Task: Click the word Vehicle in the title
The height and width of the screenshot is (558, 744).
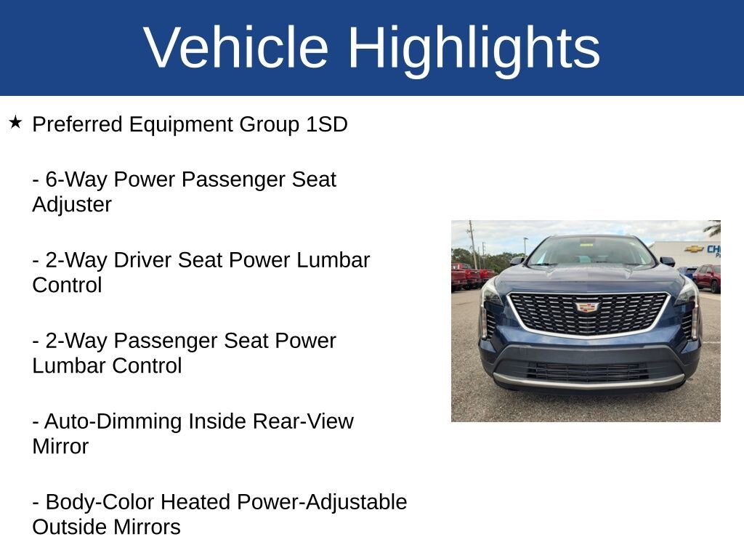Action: click(236, 47)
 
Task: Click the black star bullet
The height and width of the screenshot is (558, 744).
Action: click(15, 122)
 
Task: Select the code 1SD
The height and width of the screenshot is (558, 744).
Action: click(326, 124)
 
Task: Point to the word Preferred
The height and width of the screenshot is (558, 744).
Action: click(77, 124)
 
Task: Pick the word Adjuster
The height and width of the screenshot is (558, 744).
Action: click(72, 205)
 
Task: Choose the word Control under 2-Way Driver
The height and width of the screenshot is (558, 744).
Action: click(67, 285)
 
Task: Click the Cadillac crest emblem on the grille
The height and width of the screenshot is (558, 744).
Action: click(588, 307)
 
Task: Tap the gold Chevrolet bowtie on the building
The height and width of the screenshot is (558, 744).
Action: click(694, 249)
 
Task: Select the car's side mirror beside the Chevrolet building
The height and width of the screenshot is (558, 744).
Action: click(667, 261)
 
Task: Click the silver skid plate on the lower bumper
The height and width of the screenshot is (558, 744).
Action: click(589, 381)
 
